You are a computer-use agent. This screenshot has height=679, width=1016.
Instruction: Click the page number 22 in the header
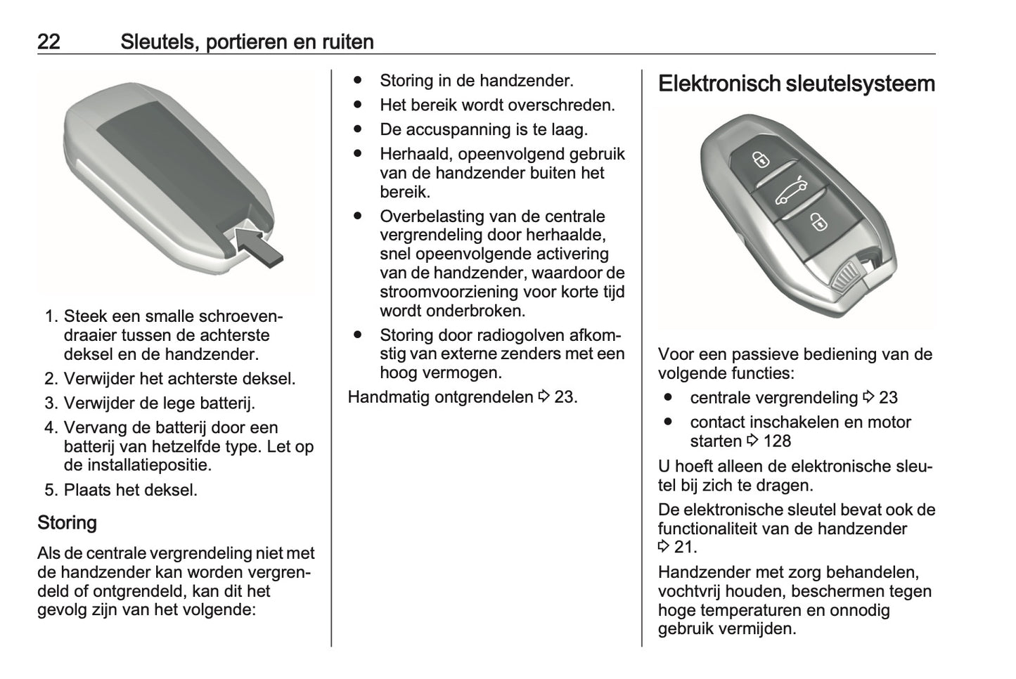click(49, 41)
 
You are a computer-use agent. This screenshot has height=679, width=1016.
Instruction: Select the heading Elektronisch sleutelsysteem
click(797, 84)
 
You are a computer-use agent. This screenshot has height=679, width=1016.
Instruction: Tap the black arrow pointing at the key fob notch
click(259, 247)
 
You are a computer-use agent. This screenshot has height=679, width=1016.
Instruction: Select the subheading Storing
click(67, 523)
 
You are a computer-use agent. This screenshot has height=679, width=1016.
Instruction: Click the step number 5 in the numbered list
click(51, 491)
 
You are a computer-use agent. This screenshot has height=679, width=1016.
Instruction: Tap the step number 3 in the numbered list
click(51, 403)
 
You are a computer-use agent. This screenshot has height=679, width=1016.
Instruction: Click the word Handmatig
click(389, 397)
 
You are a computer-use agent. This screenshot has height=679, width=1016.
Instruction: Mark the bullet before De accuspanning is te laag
click(358, 129)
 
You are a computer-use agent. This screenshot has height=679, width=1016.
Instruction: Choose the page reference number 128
click(778, 441)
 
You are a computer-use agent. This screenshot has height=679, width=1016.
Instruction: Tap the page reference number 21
click(686, 548)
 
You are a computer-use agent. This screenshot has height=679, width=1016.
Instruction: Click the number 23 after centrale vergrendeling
click(888, 398)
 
